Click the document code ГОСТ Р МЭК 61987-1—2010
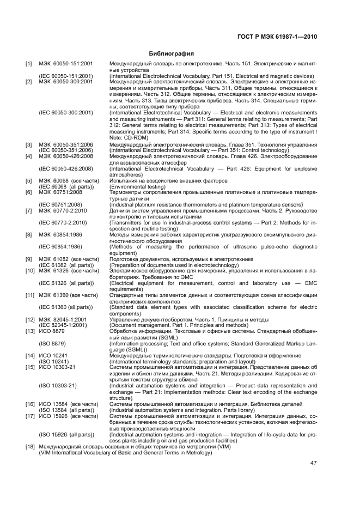pos(278,37)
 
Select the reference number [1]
pos(29,64)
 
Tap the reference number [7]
pos(29,210)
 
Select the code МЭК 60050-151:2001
pos(66,64)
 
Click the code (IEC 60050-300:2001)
pos(65,113)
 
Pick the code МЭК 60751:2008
pos(60,192)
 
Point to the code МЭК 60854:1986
pos(60,234)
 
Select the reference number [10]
pos(30,270)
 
